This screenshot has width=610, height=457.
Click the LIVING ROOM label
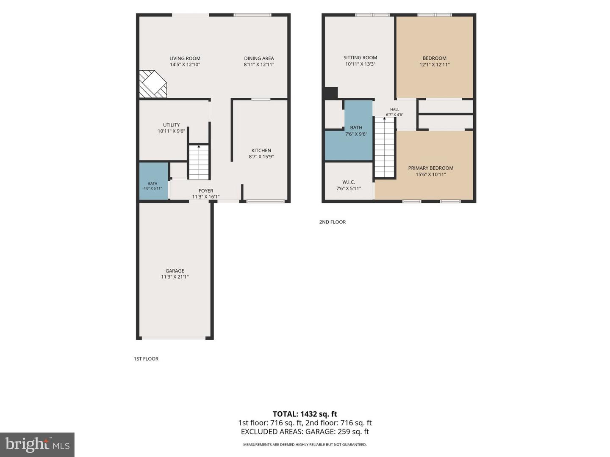(x=185, y=58)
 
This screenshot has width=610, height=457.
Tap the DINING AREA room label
(x=259, y=58)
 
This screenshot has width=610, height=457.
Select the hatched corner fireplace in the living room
(x=153, y=84)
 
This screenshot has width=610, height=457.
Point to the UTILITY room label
(x=171, y=125)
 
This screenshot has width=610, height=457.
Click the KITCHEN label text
(x=261, y=150)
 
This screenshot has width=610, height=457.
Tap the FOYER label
(x=206, y=190)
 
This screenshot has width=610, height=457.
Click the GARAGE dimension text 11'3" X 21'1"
(x=175, y=277)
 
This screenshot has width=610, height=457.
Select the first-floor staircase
(x=199, y=162)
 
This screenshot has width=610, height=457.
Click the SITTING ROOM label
(x=360, y=58)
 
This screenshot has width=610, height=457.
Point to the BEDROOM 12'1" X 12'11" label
(x=434, y=61)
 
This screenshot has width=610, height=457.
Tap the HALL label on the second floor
(x=395, y=110)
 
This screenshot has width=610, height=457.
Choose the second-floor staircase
(x=385, y=147)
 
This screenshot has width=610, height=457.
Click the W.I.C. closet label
(x=349, y=182)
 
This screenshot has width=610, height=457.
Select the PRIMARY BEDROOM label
(x=431, y=168)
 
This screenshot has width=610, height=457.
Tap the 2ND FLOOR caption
(x=333, y=222)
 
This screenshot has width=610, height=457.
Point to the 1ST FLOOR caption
(x=146, y=359)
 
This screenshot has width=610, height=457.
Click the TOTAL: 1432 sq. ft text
(x=305, y=414)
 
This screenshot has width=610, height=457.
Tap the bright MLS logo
(x=37, y=445)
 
